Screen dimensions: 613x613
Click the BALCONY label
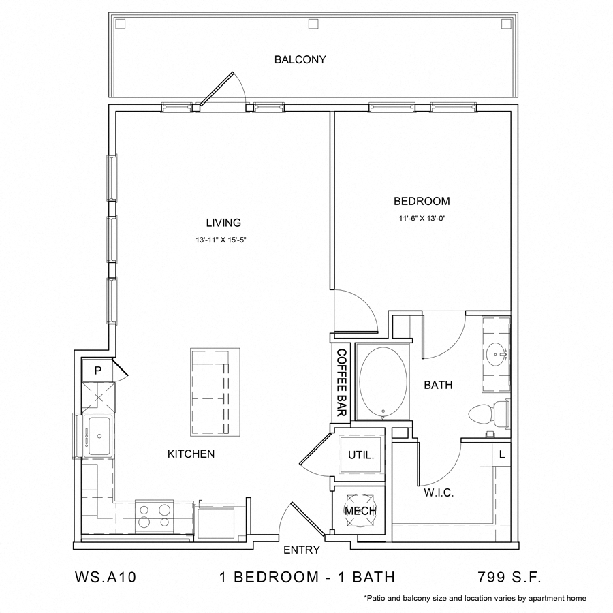[x=300, y=59]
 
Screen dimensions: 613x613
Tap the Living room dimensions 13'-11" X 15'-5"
[x=223, y=240]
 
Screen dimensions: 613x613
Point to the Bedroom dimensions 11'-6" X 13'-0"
[x=422, y=219]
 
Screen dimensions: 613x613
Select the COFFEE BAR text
[x=341, y=382]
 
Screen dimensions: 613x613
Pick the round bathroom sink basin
[x=497, y=353]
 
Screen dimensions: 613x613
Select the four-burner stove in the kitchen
[x=156, y=515]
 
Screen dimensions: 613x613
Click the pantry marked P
[x=97, y=371]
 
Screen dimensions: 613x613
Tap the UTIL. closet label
[x=361, y=455]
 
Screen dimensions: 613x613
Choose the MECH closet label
[x=360, y=511]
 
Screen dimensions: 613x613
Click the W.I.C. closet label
[x=439, y=492]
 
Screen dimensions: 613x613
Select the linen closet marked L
[x=501, y=454]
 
